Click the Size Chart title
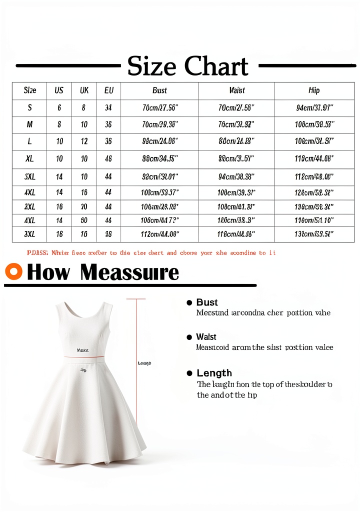(x=187, y=66)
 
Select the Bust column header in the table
(x=159, y=90)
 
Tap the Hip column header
(x=314, y=90)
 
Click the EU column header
(x=108, y=90)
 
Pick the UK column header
(x=84, y=90)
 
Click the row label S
(x=29, y=107)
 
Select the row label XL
(x=29, y=158)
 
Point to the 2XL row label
(x=29, y=206)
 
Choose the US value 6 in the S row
(x=59, y=107)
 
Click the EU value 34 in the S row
(x=108, y=107)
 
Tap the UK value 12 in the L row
(x=84, y=141)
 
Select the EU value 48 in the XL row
(x=108, y=158)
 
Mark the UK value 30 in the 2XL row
(x=84, y=206)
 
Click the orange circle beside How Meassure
(x=13, y=271)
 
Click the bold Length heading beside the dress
(x=214, y=373)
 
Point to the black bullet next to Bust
(x=189, y=302)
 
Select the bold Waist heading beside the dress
(x=206, y=337)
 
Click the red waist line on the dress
(x=83, y=357)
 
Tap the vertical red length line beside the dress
(x=136, y=360)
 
